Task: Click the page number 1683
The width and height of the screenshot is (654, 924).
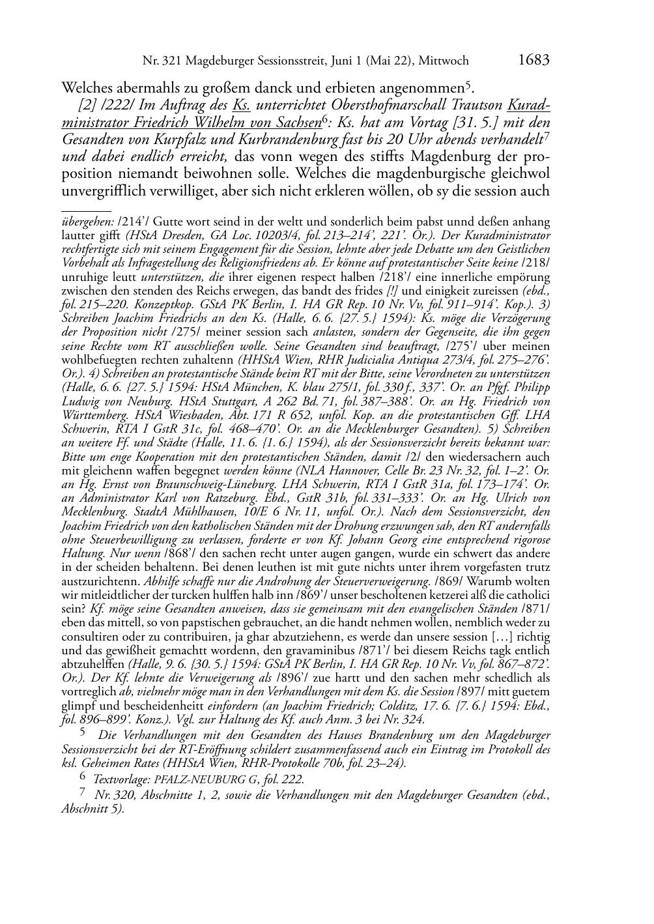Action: coord(534,61)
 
